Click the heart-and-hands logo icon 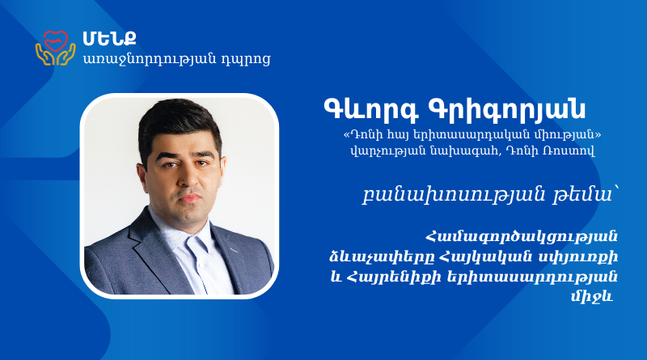55,48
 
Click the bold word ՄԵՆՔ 109,38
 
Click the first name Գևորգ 371,110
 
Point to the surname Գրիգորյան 508,110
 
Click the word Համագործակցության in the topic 522,237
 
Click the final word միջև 593,296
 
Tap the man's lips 189,197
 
